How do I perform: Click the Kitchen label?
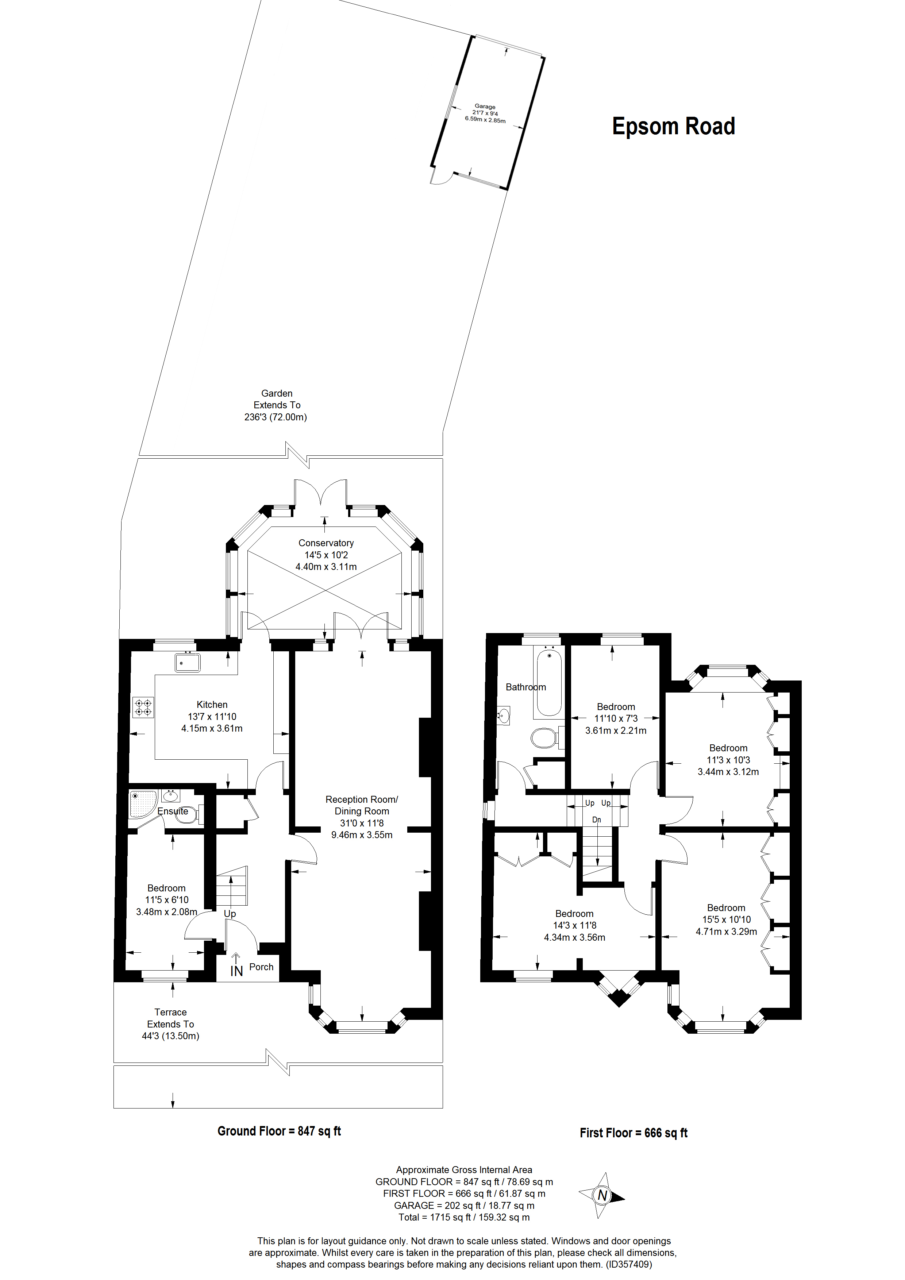tap(212, 705)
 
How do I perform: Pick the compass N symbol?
tap(602, 1195)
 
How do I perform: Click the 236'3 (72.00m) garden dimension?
tap(276, 417)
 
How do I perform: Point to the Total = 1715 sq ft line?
tap(464, 1217)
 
